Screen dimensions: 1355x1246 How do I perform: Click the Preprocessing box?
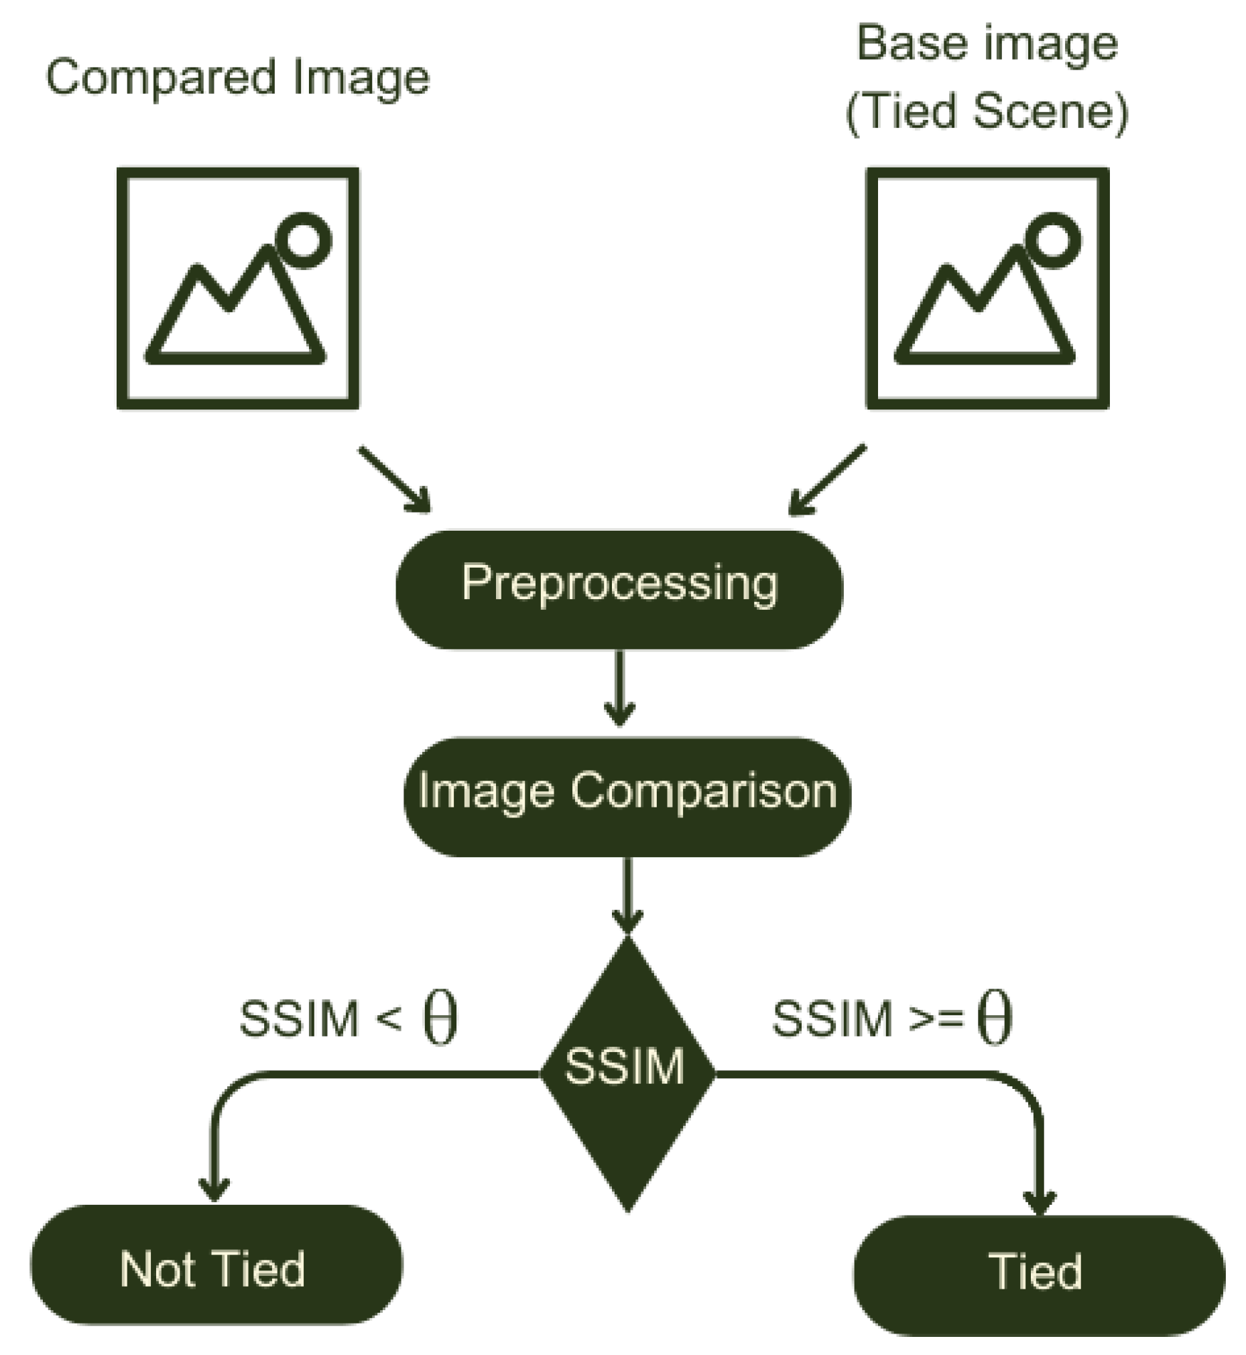(619, 589)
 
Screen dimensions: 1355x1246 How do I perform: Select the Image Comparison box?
(627, 797)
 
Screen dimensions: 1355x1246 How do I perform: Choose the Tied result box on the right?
(1039, 1274)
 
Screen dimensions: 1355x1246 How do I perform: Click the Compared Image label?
(237, 78)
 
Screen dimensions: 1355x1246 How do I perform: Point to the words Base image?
(987, 44)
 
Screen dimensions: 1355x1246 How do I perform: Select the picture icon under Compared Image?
(237, 289)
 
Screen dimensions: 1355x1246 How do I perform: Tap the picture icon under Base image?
(987, 289)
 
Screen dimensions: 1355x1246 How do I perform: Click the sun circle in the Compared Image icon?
(304, 240)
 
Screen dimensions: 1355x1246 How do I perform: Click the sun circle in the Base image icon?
(1053, 240)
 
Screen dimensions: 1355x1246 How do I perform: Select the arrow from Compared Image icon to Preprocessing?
(394, 479)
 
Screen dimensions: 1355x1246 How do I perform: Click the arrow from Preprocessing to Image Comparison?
(619, 688)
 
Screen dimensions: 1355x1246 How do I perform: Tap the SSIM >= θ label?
(891, 1018)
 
